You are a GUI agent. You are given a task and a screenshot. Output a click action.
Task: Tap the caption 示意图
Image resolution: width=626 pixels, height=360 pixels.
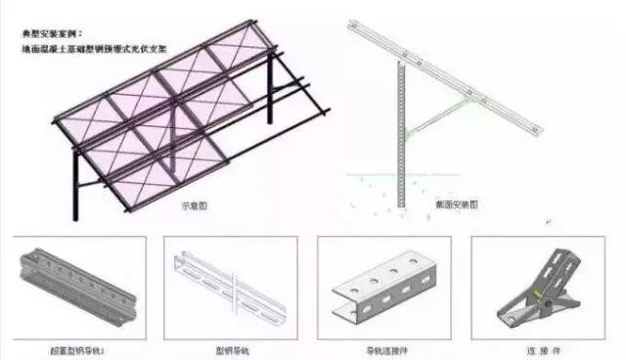click(193, 205)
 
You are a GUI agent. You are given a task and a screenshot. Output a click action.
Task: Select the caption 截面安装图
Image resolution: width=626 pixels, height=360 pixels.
click(456, 205)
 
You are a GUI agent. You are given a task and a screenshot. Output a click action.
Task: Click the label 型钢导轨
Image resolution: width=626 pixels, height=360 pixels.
click(232, 348)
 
